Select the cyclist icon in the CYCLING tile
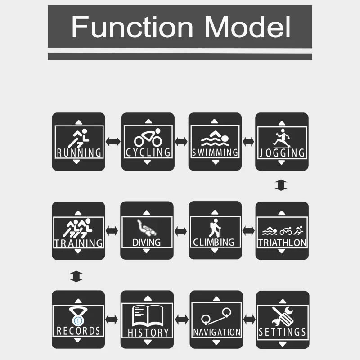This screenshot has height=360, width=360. coord(148,137)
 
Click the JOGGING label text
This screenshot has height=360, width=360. coord(282,152)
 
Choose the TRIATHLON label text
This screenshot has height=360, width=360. coord(282,243)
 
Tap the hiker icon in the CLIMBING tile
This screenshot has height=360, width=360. coord(214,227)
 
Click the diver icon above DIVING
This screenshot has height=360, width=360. coord(147,227)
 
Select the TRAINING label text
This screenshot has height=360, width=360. coord(79,243)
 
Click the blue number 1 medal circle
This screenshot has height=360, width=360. coord(78,320)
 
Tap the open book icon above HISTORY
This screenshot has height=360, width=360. coord(147,316)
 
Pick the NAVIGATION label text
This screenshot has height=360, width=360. coord(216,332)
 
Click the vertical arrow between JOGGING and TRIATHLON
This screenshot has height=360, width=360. coord(281,185)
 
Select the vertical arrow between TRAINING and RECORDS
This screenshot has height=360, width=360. coord(76,276)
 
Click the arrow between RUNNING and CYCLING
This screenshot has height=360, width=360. coord(113,141)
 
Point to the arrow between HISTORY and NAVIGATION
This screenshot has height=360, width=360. coord(181,319)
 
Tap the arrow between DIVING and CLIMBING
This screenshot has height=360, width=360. coord(181,231)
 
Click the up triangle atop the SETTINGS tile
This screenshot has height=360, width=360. coord(282,299)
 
